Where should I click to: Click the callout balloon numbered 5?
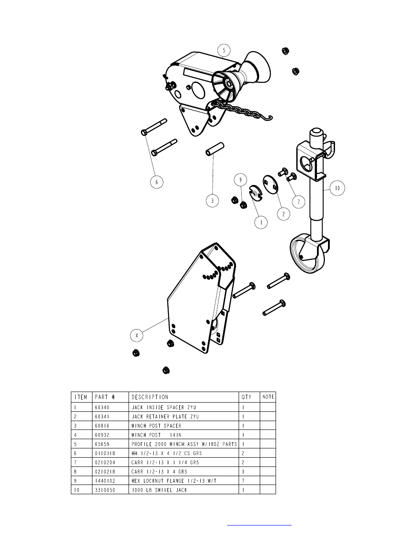(224, 51)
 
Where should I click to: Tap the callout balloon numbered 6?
(157, 182)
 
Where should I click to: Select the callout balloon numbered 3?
(212, 201)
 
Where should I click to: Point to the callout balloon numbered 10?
(337, 188)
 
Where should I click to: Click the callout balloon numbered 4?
(136, 336)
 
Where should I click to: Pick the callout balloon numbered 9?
(240, 180)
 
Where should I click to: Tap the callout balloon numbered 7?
(298, 202)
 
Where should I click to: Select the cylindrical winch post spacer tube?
(215, 149)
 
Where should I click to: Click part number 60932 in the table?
(102, 435)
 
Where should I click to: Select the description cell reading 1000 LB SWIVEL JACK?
(159, 490)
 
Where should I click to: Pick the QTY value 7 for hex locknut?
(243, 481)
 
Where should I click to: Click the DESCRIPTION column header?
(150, 397)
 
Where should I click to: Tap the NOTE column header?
(268, 397)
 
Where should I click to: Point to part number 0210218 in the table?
(105, 472)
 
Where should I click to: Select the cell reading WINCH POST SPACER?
(156, 426)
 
